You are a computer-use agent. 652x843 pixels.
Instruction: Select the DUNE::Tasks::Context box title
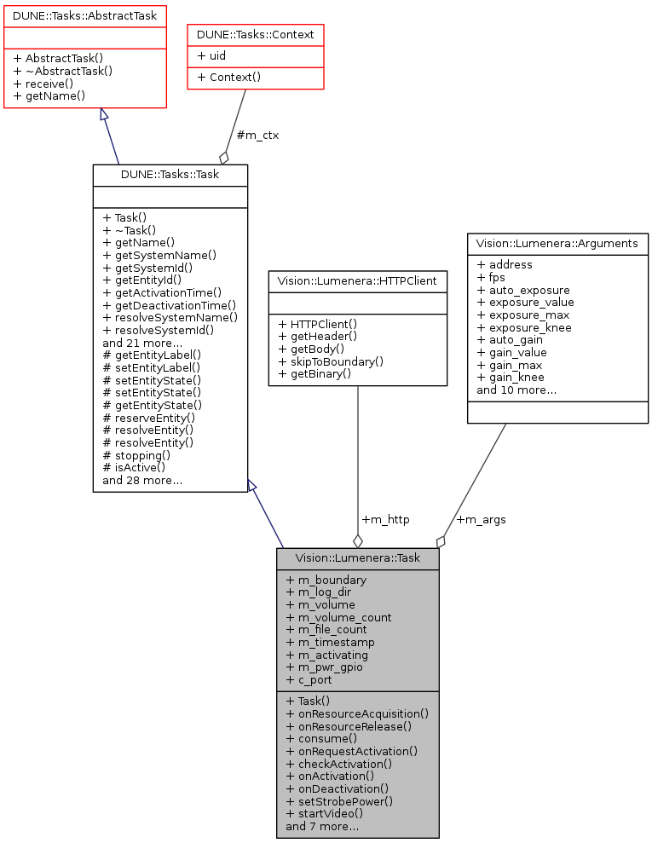point(256,34)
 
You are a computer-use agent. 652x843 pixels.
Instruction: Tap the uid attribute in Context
point(213,55)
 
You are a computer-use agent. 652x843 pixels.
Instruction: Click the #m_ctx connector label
point(257,135)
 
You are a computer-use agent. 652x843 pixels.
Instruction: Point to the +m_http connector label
point(385,519)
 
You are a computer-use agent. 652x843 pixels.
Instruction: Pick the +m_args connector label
point(481,519)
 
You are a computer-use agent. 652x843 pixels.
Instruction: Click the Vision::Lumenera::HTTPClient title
point(357,280)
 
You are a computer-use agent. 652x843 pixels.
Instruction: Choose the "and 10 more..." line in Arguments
point(516,390)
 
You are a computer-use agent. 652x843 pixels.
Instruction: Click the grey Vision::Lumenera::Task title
point(357,558)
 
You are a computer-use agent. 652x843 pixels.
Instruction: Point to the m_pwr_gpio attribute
point(325,667)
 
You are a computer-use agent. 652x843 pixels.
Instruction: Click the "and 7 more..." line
point(322,826)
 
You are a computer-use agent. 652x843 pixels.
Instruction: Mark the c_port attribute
point(309,679)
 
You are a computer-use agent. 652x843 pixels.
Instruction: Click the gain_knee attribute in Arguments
point(511,377)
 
